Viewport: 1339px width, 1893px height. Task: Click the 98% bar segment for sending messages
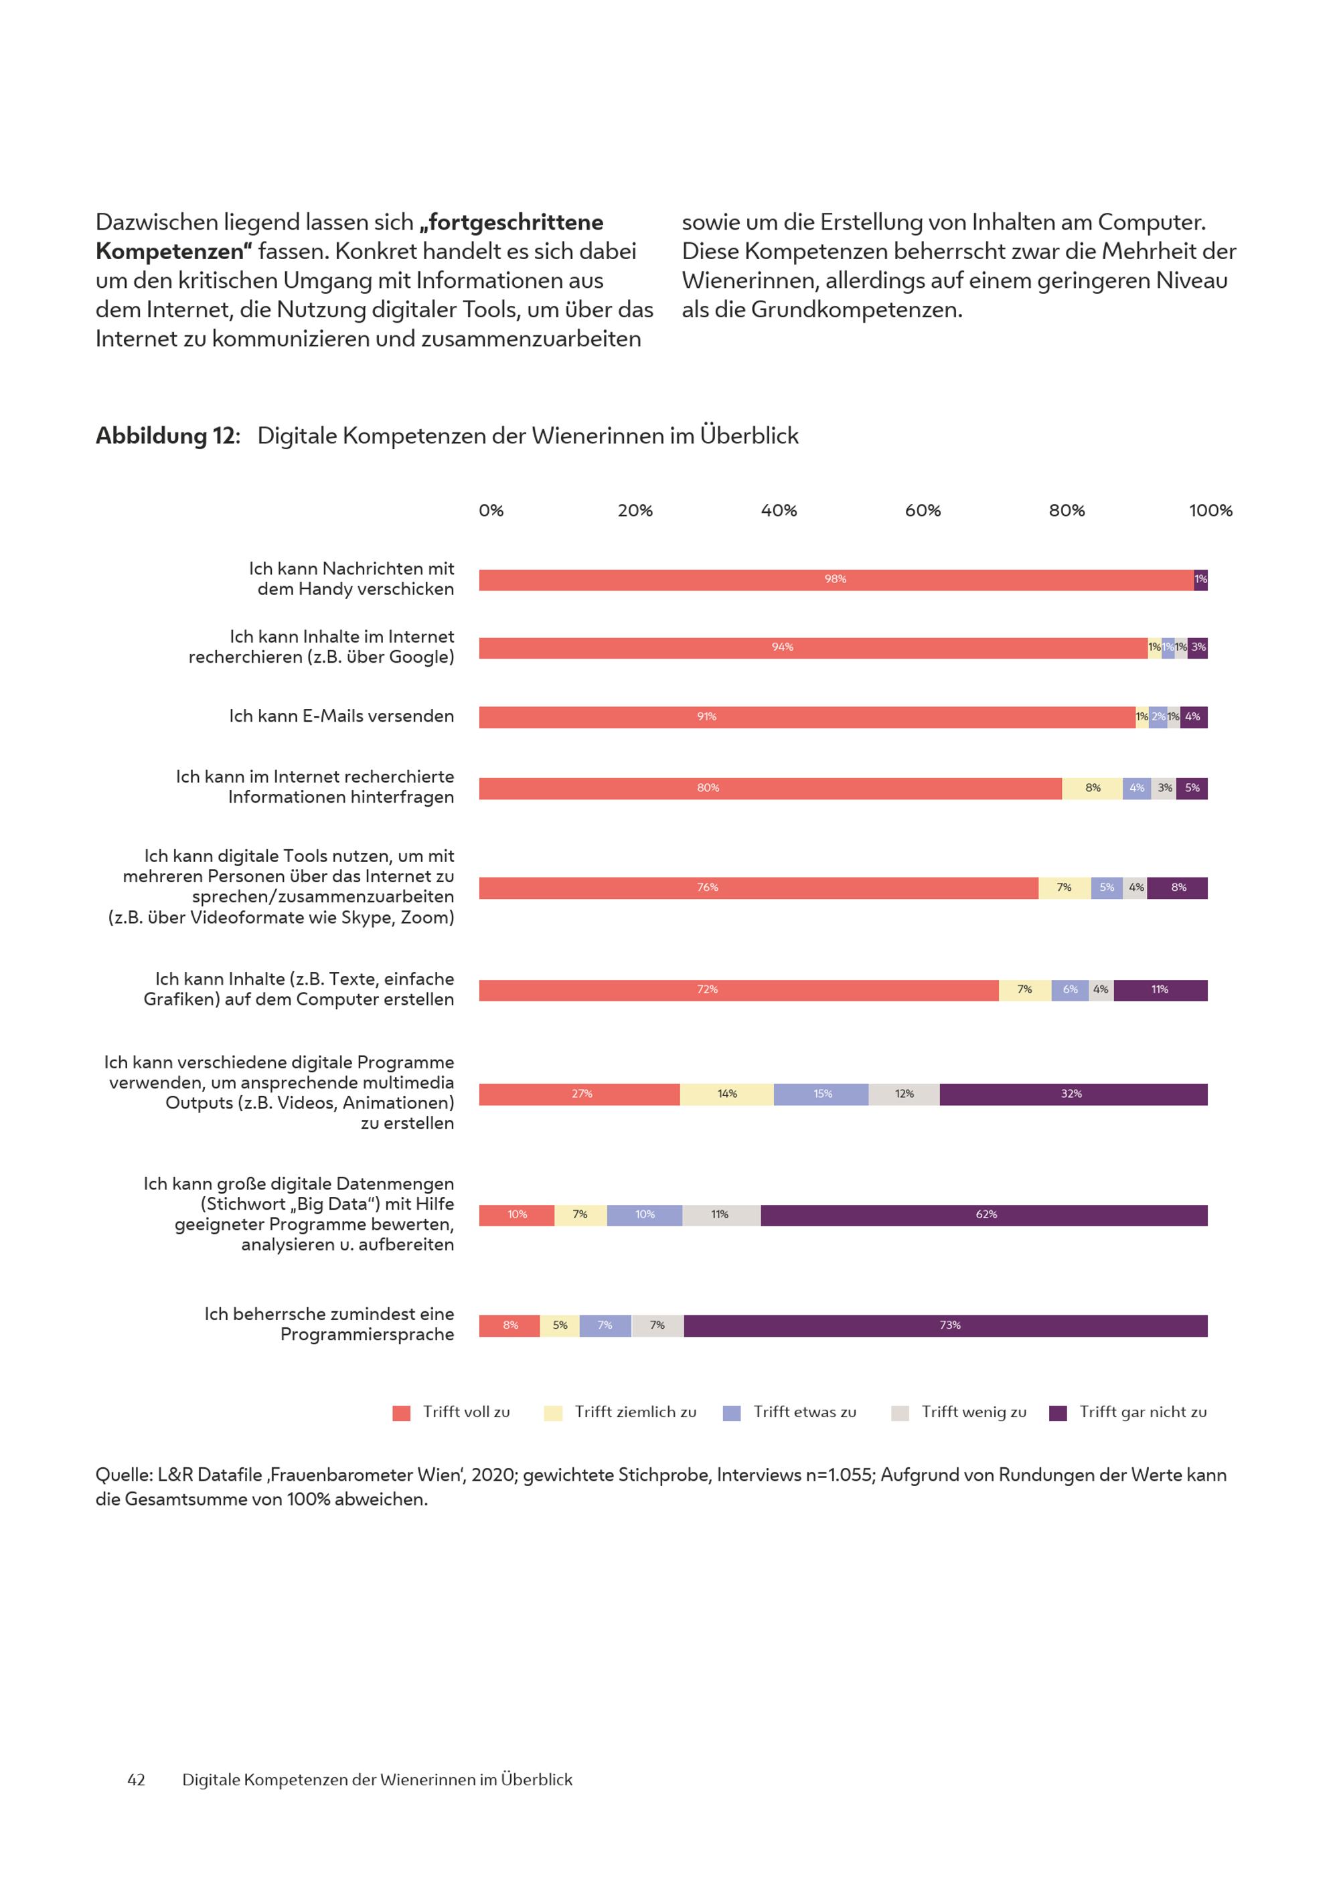click(x=836, y=580)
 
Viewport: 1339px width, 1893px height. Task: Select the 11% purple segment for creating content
click(x=1160, y=990)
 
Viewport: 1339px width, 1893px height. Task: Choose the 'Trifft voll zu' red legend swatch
click(x=402, y=1413)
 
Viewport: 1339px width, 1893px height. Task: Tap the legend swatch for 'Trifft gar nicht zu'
click(x=1058, y=1413)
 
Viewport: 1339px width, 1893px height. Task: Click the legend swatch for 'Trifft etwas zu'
click(x=731, y=1413)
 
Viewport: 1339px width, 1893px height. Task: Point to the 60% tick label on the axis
click(x=923, y=511)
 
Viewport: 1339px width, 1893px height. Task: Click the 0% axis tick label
click(x=491, y=511)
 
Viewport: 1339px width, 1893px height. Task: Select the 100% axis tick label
click(x=1210, y=511)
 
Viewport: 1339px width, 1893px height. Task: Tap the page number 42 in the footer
click(x=136, y=1780)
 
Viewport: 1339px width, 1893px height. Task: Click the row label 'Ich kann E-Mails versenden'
click(x=341, y=716)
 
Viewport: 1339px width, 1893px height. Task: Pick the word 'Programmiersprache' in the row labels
click(x=367, y=1335)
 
